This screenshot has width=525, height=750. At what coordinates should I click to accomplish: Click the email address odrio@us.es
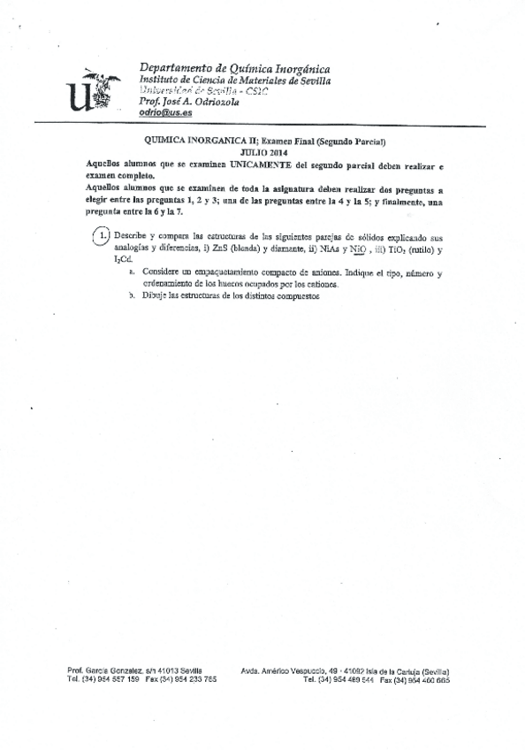tap(166, 114)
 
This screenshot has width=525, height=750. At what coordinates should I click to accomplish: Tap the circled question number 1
tap(103, 236)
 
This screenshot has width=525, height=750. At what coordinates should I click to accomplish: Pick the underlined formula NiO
tap(359, 249)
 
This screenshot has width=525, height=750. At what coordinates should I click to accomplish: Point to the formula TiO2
tap(397, 249)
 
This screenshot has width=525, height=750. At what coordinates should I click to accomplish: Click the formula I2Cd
tap(121, 261)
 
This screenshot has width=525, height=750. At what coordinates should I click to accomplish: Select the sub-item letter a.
tap(131, 274)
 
